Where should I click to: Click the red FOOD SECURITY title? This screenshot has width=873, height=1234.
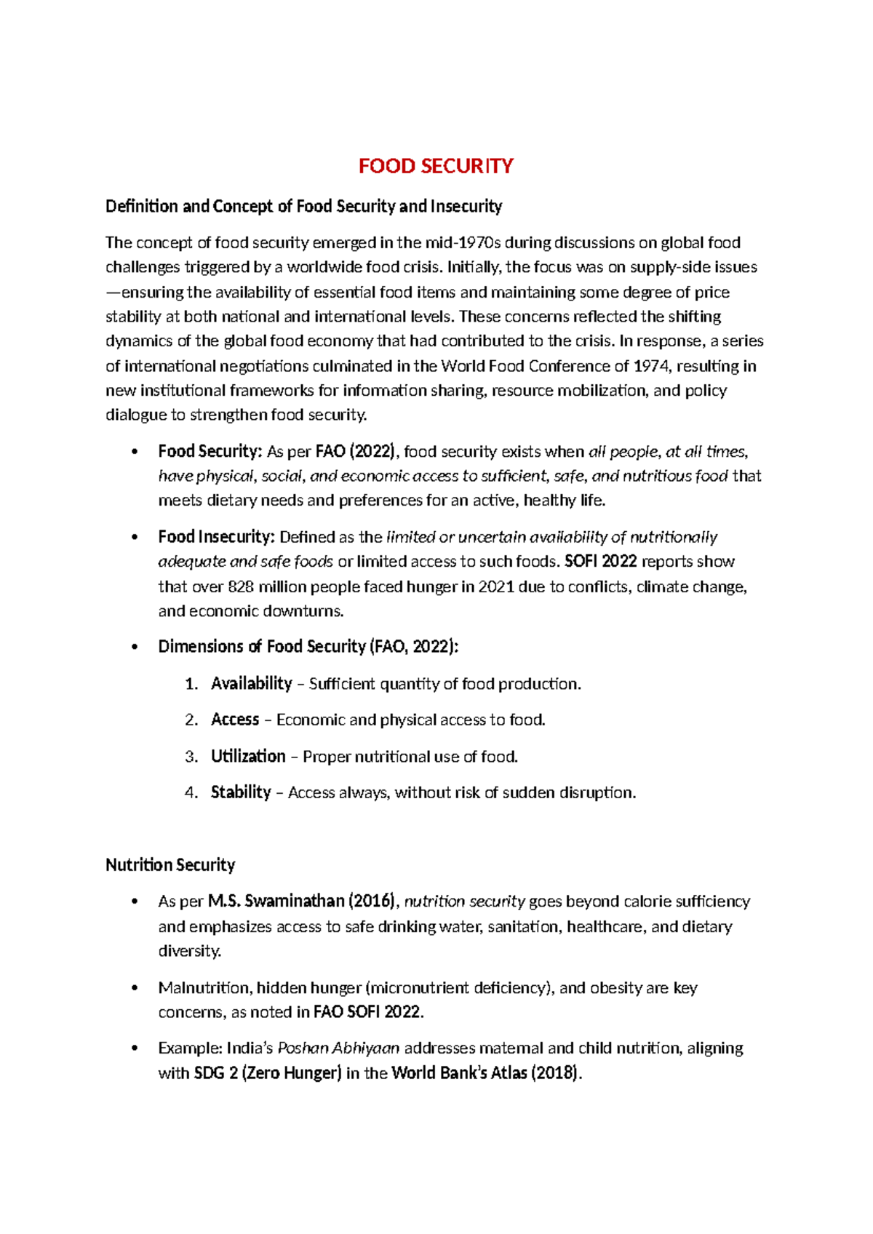click(436, 166)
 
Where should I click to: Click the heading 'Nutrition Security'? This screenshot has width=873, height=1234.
click(170, 865)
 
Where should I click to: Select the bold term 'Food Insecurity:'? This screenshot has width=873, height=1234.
click(216, 537)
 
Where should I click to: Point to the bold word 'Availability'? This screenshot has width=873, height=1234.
click(251, 683)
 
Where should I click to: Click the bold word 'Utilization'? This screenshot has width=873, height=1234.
click(248, 756)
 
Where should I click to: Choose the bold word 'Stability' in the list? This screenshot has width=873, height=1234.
click(241, 792)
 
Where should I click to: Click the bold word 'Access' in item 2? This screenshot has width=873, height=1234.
click(235, 720)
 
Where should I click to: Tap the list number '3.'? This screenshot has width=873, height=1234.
click(191, 757)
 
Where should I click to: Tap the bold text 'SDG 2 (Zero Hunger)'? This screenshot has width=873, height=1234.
click(268, 1073)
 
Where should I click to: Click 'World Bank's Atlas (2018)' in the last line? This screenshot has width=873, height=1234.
click(485, 1073)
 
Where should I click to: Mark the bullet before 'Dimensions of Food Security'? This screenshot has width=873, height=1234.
click(135, 647)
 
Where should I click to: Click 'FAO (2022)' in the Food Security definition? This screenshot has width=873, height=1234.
click(356, 452)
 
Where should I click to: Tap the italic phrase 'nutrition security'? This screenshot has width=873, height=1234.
click(464, 901)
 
